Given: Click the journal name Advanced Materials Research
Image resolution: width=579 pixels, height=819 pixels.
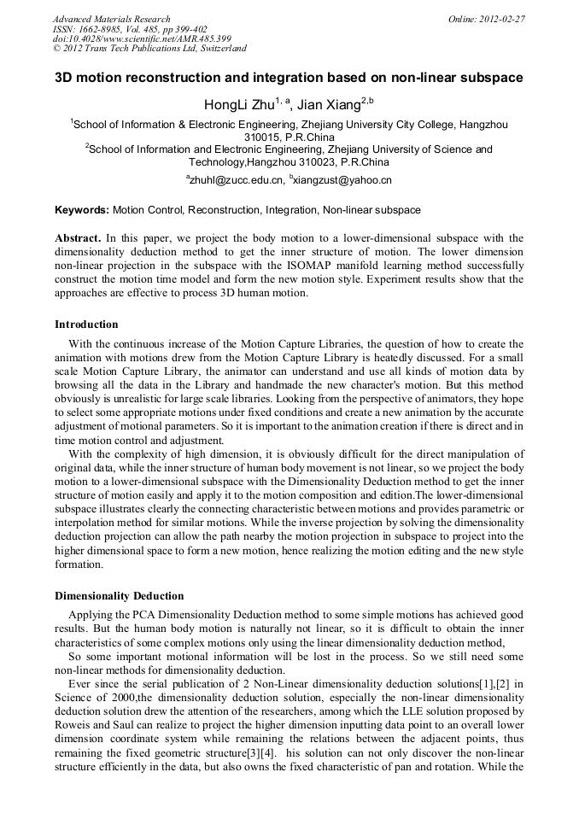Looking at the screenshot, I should point(111,19).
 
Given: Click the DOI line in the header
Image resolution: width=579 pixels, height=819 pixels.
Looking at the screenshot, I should point(142,39).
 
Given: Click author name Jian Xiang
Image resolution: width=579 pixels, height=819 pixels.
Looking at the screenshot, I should point(328,105).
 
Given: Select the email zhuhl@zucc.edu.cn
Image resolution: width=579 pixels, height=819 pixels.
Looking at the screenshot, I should point(237,180).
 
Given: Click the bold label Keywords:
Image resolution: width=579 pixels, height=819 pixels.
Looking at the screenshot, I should point(82,209).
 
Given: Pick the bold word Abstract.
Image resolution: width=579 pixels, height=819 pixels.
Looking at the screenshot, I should point(78,238).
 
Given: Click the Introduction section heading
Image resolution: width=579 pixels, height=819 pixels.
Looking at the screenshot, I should point(86,325).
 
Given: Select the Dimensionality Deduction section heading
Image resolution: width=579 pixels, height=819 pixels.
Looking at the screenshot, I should point(119,595).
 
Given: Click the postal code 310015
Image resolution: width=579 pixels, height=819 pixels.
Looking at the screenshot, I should point(261,137).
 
